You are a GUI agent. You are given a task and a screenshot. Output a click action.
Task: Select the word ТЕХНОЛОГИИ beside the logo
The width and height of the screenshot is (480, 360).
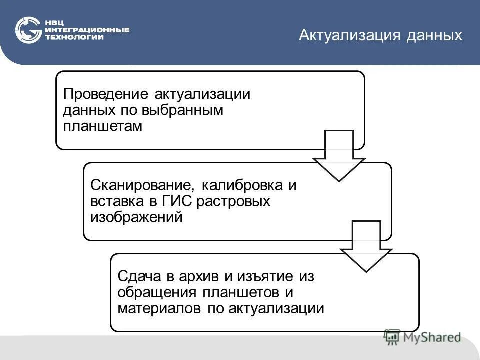coord(74,37)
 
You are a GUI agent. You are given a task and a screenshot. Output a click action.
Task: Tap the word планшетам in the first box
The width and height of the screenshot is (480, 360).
coord(102,126)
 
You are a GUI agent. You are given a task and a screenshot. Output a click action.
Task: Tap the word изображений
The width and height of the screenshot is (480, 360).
coord(136,217)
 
